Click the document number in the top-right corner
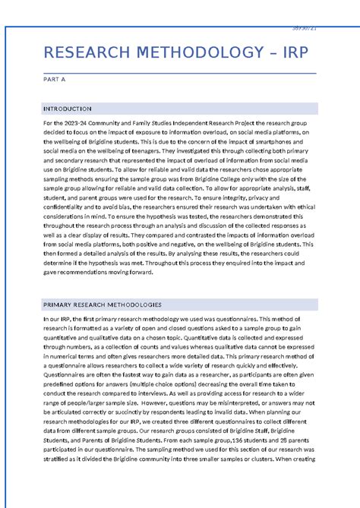(x=304, y=28)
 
